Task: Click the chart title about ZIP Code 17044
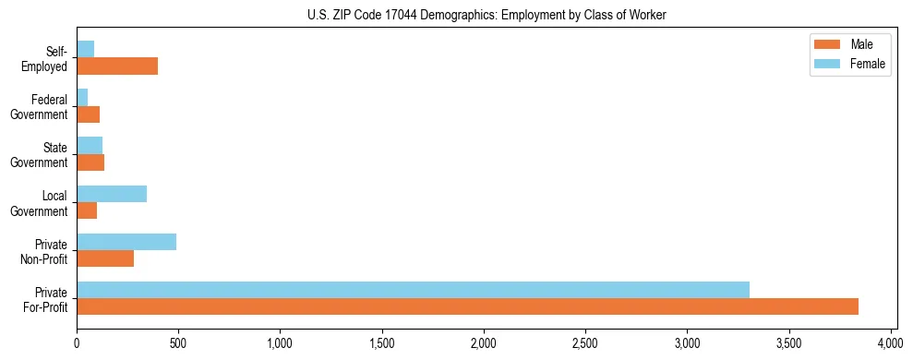click(x=486, y=15)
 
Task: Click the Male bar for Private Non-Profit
click(x=105, y=258)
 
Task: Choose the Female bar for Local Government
click(x=112, y=194)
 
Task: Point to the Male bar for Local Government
click(x=87, y=210)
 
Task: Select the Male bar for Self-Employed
click(x=117, y=66)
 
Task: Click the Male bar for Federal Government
click(x=88, y=114)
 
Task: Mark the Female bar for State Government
click(x=90, y=146)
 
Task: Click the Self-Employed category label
click(x=49, y=58)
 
